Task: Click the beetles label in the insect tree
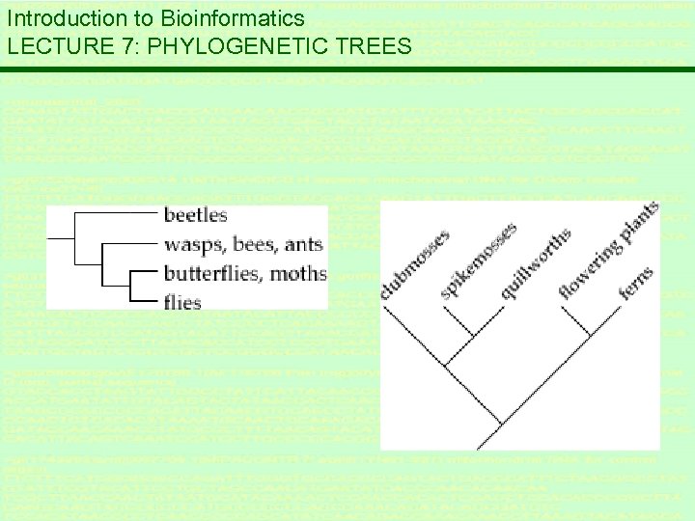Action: coord(196,214)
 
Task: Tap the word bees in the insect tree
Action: coord(256,244)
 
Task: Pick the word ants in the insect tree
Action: coord(305,244)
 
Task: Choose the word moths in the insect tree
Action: coord(299,273)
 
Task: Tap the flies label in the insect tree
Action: coord(182,302)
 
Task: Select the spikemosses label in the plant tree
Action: coord(479,259)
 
